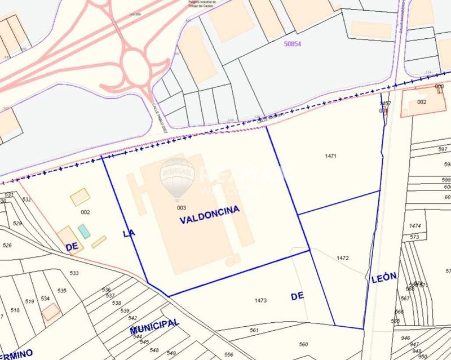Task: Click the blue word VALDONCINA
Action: (x=209, y=214)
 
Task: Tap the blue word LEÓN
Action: (x=384, y=277)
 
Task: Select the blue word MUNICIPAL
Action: (x=154, y=326)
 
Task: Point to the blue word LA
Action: (x=129, y=233)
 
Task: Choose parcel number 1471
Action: (x=331, y=155)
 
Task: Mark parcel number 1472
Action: (x=343, y=258)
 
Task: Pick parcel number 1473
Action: (x=260, y=301)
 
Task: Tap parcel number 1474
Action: (x=416, y=226)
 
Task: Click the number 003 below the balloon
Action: (x=182, y=207)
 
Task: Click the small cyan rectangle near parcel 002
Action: (x=84, y=231)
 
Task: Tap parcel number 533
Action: (x=74, y=273)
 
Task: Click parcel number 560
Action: (x=304, y=344)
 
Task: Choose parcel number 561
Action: (x=254, y=330)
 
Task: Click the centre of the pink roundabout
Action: (x=134, y=64)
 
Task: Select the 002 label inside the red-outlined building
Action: (x=422, y=102)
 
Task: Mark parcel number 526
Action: (x=7, y=245)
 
